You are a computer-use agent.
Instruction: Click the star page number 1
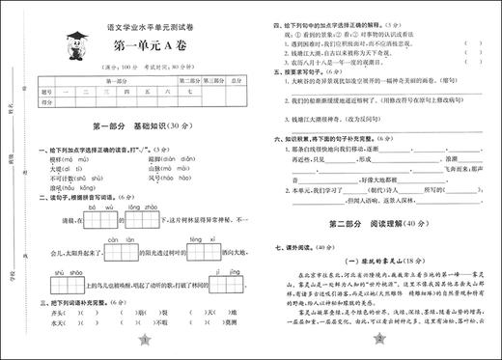144,343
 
